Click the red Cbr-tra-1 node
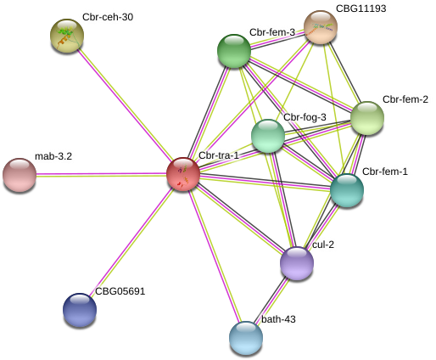183,174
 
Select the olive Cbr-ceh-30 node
67,36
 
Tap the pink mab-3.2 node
20,175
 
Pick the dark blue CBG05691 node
80,310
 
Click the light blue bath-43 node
246,338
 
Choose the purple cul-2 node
297,263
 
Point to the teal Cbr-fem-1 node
347,190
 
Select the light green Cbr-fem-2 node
367,118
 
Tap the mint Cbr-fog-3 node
268,136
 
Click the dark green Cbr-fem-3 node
234,51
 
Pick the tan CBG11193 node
321,27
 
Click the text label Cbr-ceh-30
108,17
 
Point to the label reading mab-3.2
53,156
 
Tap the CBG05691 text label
120,291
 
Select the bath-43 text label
278,319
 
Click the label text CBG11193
361,8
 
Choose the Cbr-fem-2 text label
405,99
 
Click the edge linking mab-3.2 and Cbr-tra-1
102,175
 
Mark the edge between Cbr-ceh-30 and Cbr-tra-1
126,105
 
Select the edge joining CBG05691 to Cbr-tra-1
131,242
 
